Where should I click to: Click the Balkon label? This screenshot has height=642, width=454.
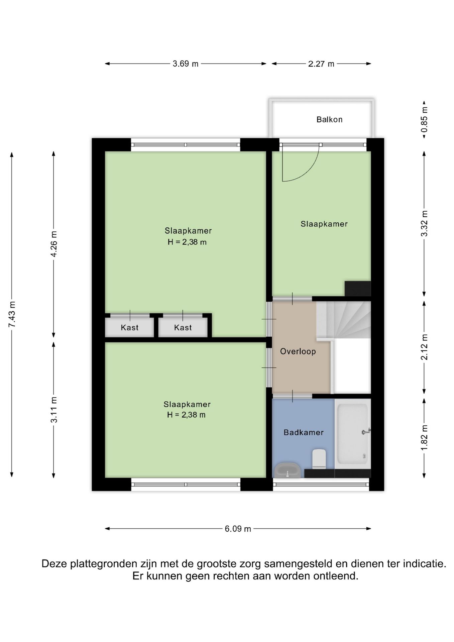tap(329, 119)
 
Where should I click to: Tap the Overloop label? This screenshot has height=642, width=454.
tap(298, 351)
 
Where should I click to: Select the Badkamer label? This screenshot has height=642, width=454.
tap(304, 432)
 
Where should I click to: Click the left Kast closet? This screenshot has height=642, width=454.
tap(129, 327)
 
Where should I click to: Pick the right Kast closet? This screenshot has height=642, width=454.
tap(183, 327)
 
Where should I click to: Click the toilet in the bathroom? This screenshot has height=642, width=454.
tap(319, 458)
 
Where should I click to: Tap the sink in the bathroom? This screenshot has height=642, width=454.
tap(287, 470)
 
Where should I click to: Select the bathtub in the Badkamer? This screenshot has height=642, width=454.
tap(353, 434)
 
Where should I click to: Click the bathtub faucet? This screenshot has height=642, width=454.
tap(366, 432)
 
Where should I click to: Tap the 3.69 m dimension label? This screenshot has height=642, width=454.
tap(186, 64)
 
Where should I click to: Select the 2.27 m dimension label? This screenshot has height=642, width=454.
tap(321, 64)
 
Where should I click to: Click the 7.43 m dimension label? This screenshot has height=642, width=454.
tap(12, 314)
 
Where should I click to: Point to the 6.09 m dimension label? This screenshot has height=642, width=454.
tap(238, 529)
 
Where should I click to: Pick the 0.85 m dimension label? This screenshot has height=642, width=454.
tap(424, 119)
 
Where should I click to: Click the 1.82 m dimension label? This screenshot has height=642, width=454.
tap(424, 437)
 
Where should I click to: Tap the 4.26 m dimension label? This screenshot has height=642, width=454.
tap(54, 244)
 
